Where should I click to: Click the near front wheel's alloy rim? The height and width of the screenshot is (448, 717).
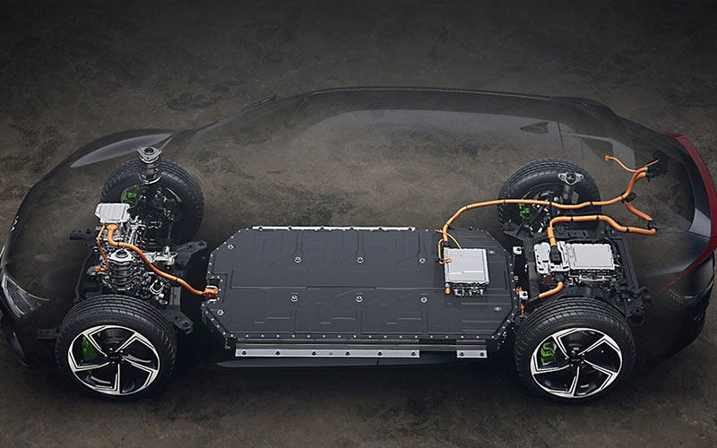click(114, 358)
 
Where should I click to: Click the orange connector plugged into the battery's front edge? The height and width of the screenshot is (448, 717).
click(212, 291)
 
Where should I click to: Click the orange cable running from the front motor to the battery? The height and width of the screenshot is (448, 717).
click(157, 260)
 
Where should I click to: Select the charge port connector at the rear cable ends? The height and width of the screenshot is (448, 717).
click(650, 167)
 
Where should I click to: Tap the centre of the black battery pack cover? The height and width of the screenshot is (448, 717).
click(358, 282)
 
